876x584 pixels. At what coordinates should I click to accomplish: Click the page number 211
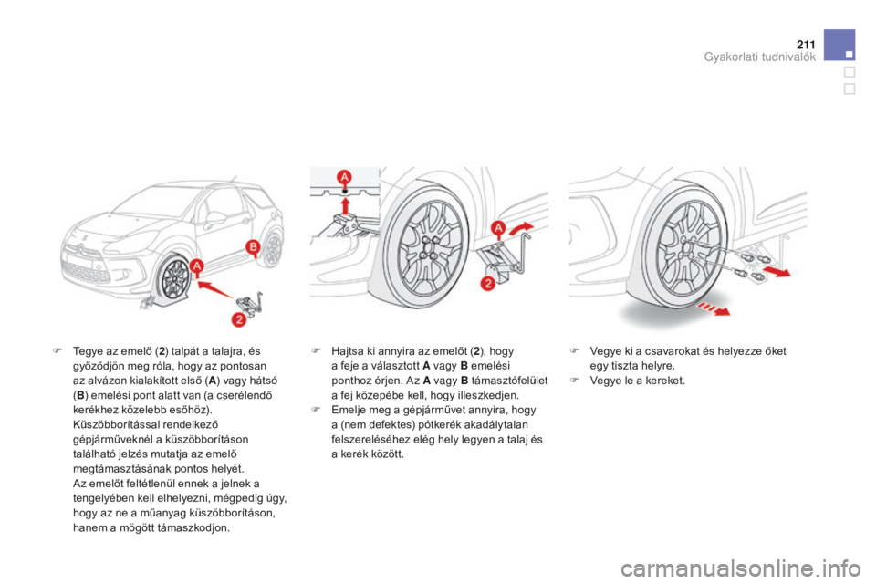point(806,45)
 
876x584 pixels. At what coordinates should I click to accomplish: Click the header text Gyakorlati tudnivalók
point(760,57)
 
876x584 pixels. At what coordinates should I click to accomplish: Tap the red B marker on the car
point(253,247)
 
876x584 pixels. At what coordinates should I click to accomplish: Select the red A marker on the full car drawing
point(196,267)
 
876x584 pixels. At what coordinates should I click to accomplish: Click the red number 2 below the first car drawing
point(239,319)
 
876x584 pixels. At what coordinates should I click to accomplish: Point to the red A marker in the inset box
point(345,178)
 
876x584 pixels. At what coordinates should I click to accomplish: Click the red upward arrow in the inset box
point(345,205)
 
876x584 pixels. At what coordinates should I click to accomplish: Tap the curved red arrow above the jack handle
point(521,228)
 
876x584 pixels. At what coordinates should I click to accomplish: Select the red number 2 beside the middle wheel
point(487,284)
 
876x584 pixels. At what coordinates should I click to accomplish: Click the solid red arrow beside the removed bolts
point(776,272)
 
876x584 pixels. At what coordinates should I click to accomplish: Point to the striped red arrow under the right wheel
point(713,308)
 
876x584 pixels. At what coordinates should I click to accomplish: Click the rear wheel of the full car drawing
point(273,250)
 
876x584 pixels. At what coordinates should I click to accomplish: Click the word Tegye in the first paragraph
point(88,351)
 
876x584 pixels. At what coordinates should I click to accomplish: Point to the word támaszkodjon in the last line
point(194,527)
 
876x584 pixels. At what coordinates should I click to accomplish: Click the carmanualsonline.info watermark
point(742,568)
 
